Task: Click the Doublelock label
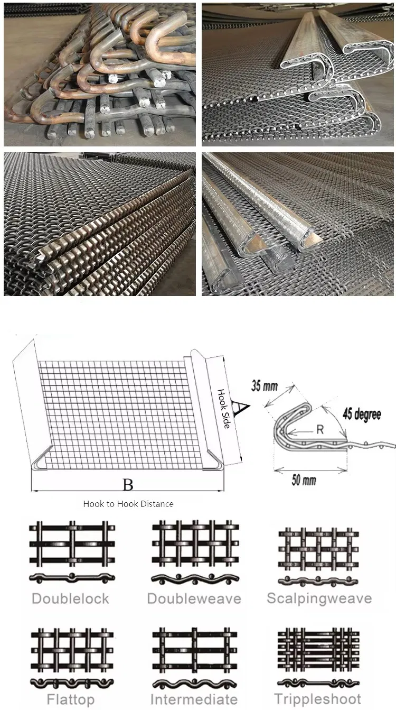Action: (x=70, y=599)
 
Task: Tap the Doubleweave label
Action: (x=194, y=599)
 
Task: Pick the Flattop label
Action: (x=71, y=699)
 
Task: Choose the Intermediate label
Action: (x=194, y=699)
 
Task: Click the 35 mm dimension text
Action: (x=265, y=386)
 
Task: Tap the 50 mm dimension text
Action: (x=304, y=480)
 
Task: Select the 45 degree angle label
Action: (x=362, y=414)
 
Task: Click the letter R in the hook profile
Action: (x=320, y=429)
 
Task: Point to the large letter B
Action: (x=128, y=485)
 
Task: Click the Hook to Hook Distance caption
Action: (x=128, y=504)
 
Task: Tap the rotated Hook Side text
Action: (x=223, y=409)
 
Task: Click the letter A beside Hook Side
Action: (x=241, y=407)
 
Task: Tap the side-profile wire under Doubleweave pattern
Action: (x=195, y=579)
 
